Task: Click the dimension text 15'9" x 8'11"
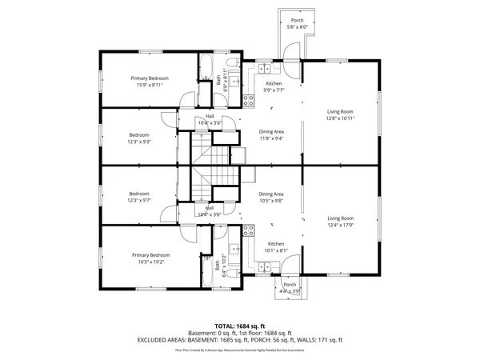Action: coord(151,84)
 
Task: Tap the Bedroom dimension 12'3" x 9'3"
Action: coord(140,142)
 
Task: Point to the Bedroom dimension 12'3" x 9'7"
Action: coord(140,199)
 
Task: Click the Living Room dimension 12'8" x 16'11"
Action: coord(340,118)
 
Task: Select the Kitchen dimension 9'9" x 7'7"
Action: coord(274,90)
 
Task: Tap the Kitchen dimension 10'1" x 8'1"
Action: coord(275,250)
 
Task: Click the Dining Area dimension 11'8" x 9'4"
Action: coord(271,138)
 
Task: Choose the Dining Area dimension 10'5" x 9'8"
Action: coord(271,200)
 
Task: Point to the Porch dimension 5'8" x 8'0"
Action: coord(297,27)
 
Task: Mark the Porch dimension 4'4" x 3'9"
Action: coord(290,291)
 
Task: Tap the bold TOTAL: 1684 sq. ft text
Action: coord(240,326)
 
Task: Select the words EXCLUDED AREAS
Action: coord(159,339)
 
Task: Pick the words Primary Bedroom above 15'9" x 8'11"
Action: coord(151,78)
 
